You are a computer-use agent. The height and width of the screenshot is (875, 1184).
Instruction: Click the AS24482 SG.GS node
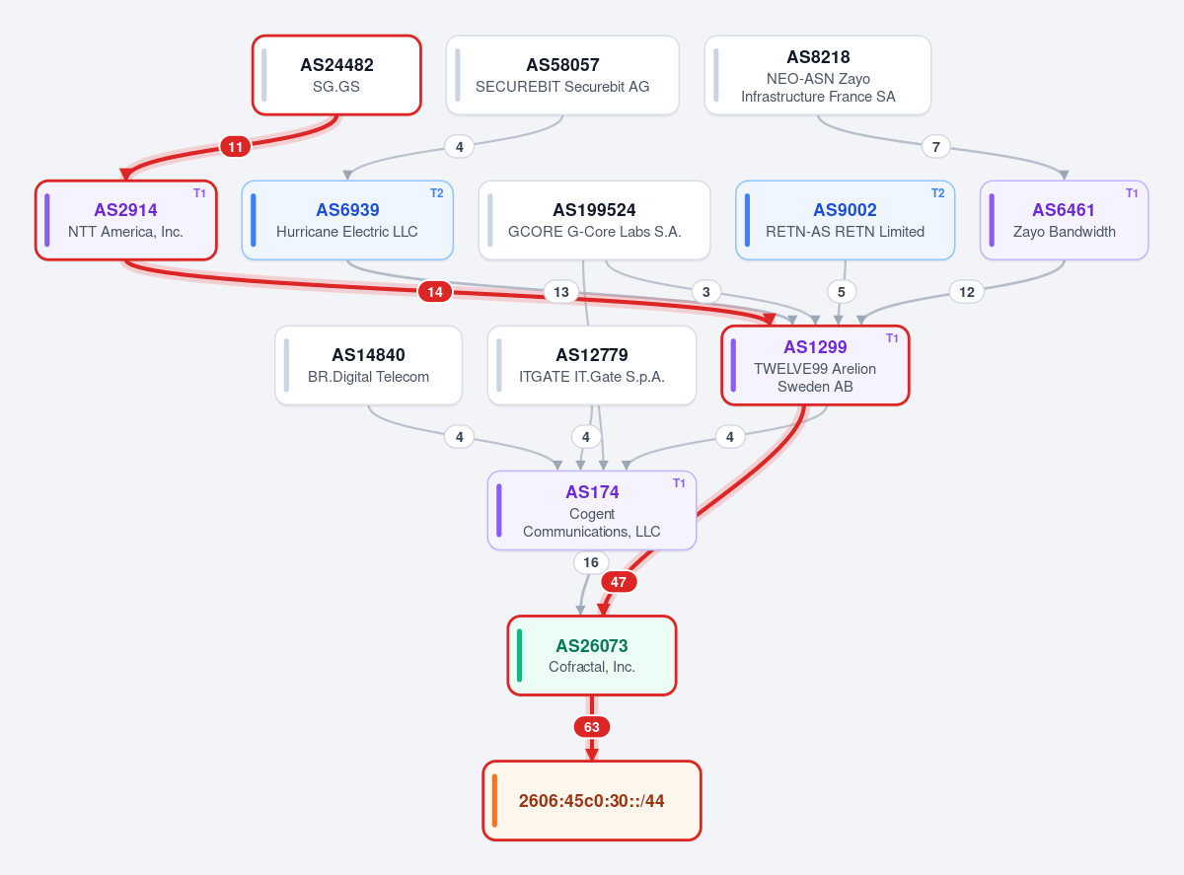pos(336,75)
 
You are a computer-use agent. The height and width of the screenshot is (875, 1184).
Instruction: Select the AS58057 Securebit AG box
pos(562,75)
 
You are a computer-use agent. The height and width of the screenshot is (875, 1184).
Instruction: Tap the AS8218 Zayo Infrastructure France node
pos(818,75)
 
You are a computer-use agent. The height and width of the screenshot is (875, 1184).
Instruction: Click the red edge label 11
pos(236,147)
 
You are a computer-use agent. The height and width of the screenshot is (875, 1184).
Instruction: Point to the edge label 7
pos(935,147)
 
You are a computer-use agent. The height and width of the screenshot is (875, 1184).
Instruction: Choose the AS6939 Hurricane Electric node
pos(347,221)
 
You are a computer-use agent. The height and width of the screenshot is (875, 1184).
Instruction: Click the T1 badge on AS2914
pos(199,193)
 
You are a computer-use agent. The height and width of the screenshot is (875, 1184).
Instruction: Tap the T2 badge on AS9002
pos(938,193)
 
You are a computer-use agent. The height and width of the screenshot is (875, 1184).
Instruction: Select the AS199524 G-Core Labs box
pos(594,221)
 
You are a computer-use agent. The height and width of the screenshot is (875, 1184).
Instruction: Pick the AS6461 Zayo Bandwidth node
pos(1064,221)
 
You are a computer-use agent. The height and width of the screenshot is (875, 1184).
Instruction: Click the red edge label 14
pos(435,292)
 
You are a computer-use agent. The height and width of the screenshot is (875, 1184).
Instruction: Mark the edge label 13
pos(561,292)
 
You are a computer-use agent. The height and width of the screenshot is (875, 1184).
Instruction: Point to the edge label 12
pos(967,292)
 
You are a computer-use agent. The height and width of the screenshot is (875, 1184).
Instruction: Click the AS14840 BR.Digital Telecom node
pos(368,366)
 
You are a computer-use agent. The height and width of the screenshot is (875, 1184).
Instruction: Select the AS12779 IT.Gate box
pos(592,366)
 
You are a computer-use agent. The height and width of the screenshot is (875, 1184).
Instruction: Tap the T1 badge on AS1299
pos(892,338)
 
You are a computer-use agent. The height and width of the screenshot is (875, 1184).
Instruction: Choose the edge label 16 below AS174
pos(590,562)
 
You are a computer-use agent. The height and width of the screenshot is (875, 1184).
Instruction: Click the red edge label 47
pos(619,582)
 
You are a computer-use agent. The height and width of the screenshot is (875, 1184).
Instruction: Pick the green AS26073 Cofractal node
pos(592,656)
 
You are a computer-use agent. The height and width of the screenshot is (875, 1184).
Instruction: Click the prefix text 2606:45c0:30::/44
pos(591,801)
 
